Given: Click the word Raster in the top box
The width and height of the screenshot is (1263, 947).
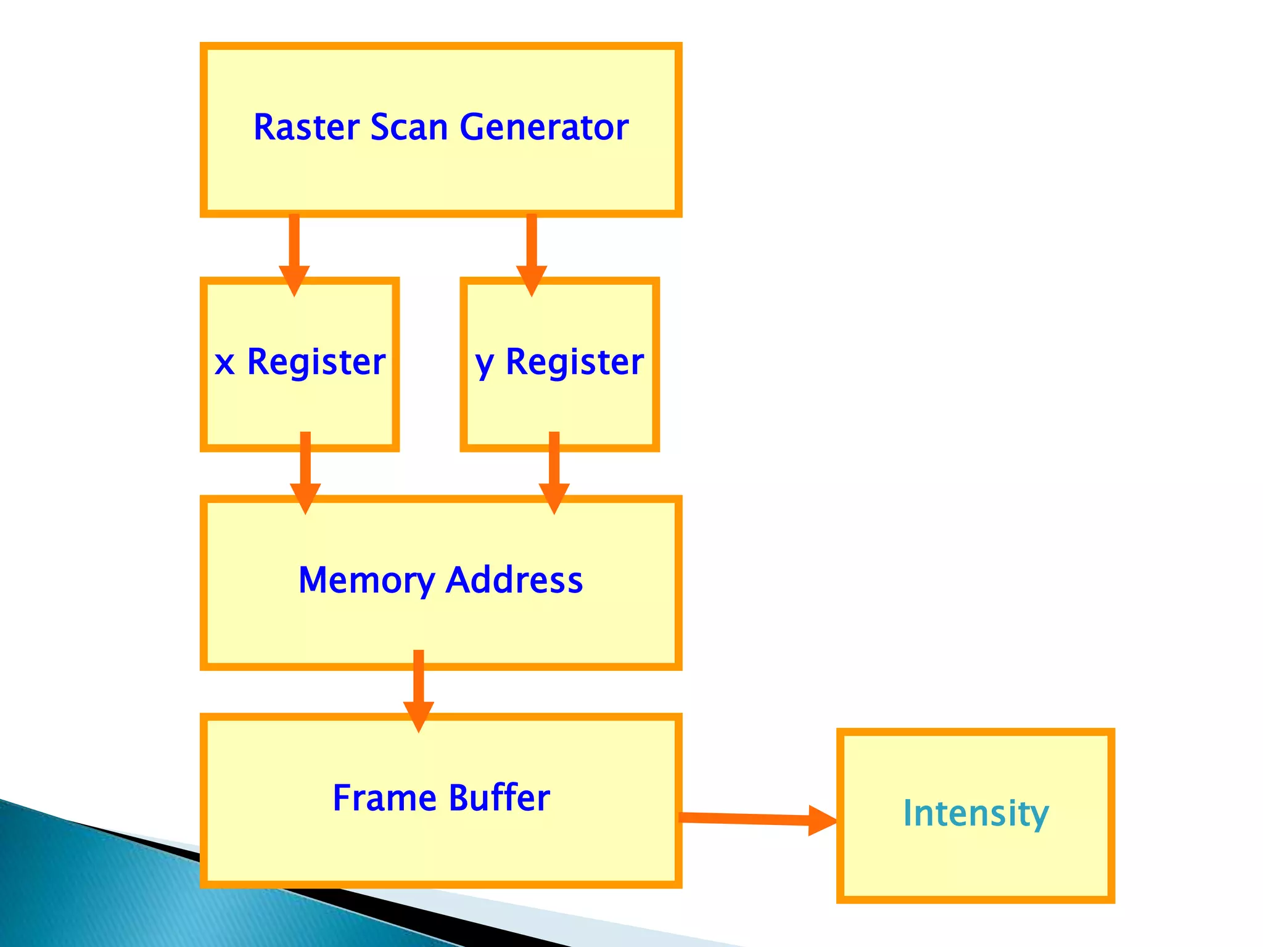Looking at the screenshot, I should point(306,128).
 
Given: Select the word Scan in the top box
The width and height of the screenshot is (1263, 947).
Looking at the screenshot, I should point(408,128).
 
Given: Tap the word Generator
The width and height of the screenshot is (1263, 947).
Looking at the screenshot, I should point(543,128).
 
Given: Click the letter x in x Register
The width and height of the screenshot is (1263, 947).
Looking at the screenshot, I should point(225,363).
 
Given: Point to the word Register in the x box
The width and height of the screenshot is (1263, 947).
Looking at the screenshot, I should point(316,362).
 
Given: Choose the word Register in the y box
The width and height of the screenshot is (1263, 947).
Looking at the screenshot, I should point(574,362).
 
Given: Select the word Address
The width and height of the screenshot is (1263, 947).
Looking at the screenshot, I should point(514,580).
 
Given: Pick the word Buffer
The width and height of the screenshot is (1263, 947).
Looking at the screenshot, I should point(499,798).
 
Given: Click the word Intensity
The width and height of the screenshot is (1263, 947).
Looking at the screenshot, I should point(975,813).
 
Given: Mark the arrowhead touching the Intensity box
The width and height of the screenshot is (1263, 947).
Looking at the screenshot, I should point(822,821).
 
